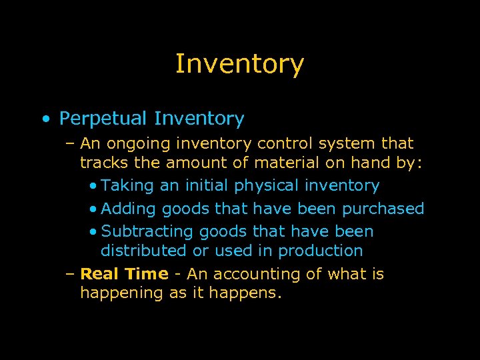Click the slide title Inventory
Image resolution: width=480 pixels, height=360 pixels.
click(239, 64)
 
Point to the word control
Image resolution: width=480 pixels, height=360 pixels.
click(285, 143)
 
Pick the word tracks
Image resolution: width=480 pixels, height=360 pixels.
click(101, 163)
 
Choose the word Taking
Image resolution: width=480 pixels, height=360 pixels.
click(127, 186)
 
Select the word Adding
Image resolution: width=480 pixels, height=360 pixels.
click(127, 209)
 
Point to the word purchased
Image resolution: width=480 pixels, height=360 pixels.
click(383, 209)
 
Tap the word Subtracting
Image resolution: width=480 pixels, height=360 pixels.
click(147, 232)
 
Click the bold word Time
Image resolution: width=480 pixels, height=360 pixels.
click(147, 273)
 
